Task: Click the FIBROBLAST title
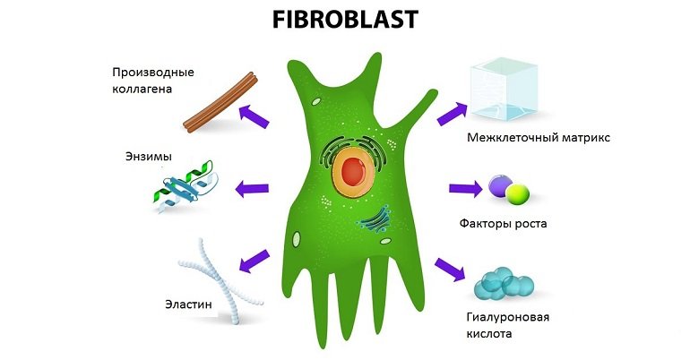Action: tap(344, 21)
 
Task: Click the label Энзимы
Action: tap(148, 158)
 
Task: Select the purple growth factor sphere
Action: tap(499, 186)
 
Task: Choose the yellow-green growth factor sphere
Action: tap(517, 193)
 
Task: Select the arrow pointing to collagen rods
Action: tap(256, 114)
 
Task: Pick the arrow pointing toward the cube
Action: tap(451, 113)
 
